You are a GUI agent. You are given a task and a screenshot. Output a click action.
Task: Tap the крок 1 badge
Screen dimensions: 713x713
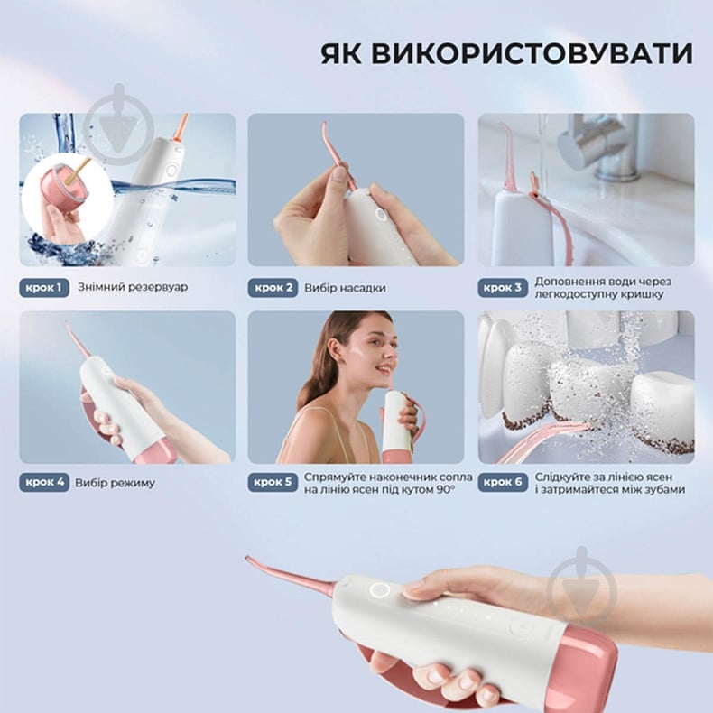(x=43, y=288)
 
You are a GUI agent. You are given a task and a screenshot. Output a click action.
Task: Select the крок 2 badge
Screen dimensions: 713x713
(x=273, y=288)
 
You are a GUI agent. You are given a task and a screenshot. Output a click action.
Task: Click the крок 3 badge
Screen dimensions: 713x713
(x=502, y=288)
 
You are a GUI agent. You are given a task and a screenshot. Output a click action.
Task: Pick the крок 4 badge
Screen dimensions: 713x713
(x=43, y=482)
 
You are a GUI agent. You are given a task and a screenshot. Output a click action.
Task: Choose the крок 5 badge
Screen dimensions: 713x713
(x=273, y=482)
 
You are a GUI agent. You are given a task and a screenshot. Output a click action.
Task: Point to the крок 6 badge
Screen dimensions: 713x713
(x=502, y=482)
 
